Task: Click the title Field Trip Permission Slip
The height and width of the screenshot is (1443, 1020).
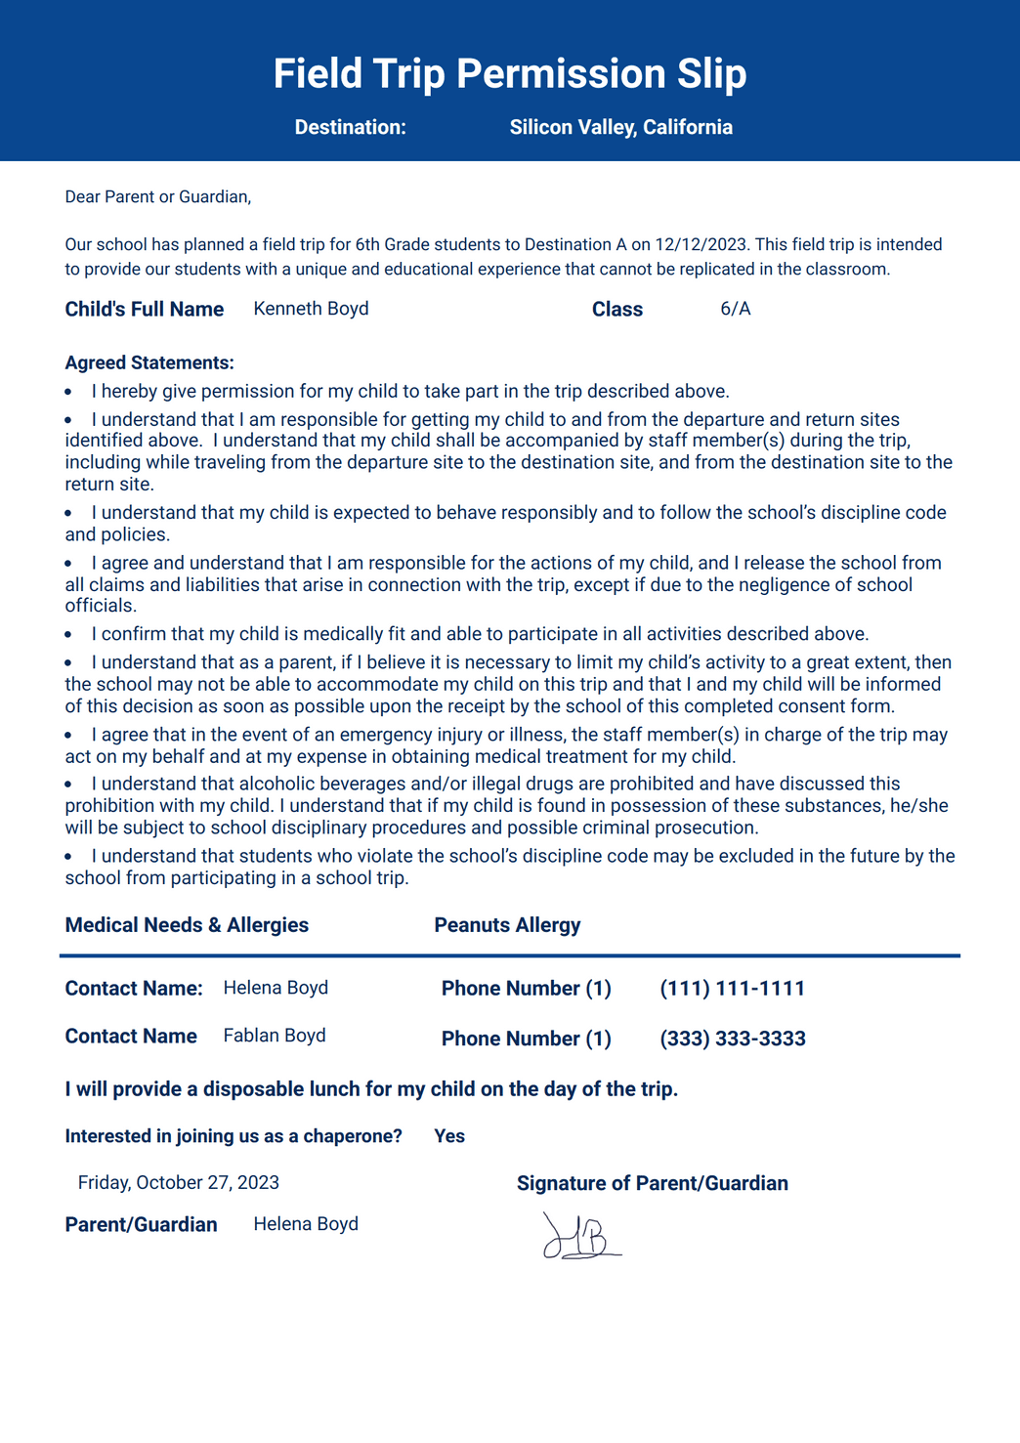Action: (509, 74)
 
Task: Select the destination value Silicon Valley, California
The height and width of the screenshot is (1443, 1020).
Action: (620, 127)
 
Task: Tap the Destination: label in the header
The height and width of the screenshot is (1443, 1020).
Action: (350, 127)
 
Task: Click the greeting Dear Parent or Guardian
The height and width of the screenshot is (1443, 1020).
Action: (157, 197)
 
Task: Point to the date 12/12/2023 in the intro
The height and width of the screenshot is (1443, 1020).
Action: (701, 244)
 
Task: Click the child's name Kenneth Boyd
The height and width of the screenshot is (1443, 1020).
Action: (311, 309)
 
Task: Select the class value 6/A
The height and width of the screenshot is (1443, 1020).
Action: (735, 309)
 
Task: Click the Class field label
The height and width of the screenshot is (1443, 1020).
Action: (616, 310)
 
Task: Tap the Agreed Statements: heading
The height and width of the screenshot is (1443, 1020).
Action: (149, 363)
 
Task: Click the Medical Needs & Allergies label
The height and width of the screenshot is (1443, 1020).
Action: (187, 925)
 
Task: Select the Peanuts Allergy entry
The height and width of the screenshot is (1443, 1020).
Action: (507, 925)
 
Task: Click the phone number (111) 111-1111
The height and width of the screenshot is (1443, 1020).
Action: (732, 989)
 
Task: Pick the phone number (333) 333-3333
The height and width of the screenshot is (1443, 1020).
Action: (732, 1039)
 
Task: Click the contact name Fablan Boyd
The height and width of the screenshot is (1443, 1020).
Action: (275, 1036)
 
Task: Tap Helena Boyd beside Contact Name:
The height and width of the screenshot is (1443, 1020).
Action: (276, 988)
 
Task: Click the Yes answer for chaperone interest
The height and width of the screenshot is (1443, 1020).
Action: (449, 1136)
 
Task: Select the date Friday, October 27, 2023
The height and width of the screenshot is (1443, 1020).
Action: (179, 1183)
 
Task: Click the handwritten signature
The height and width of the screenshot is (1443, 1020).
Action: (581, 1236)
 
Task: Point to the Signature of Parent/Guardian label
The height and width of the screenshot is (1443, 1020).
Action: (652, 1184)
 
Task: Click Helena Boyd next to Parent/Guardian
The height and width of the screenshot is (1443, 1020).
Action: (306, 1224)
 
